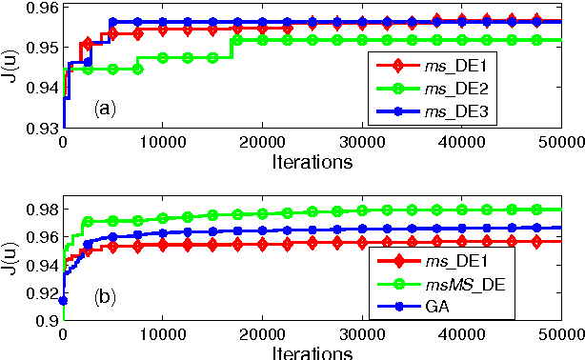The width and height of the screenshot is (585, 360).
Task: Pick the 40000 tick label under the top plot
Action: [460, 142]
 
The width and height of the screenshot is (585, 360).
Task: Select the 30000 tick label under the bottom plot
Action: [361, 336]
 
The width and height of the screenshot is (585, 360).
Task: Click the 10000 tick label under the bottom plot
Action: [162, 336]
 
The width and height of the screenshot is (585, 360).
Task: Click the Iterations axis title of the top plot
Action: [312, 160]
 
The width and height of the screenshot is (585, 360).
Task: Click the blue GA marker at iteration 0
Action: [63, 301]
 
